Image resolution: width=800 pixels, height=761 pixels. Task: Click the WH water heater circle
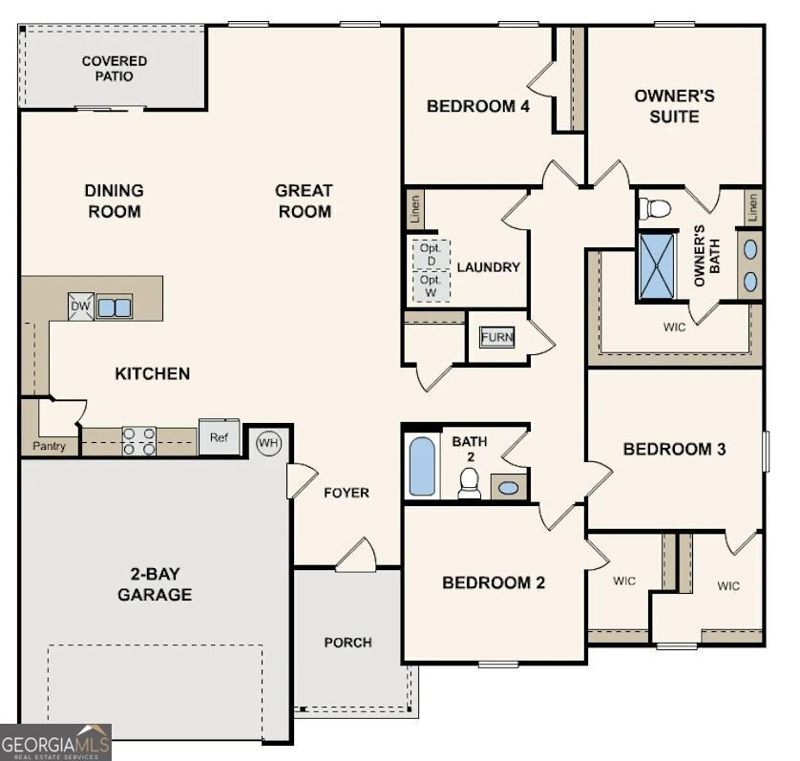269,444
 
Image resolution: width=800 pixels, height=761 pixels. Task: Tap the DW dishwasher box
81,307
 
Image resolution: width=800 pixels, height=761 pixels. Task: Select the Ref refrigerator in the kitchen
219,436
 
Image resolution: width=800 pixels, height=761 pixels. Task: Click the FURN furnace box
496,337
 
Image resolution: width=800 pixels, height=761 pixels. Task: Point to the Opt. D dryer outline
431,254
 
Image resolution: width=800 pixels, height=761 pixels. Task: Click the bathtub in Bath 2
422,467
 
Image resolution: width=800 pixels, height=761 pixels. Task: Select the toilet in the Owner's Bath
656,207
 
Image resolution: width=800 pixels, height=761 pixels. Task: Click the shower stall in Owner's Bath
657,261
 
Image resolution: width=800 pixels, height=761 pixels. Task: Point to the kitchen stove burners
139,440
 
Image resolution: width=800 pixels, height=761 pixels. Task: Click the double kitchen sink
115,307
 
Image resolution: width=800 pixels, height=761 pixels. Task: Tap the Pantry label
50,446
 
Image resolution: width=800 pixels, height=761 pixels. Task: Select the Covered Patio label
115,69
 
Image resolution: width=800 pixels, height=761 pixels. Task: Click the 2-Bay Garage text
155,584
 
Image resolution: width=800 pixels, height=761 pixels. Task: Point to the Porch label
347,643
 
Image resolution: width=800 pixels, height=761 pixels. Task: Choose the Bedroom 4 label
477,106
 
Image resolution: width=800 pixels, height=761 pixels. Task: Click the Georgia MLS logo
56,742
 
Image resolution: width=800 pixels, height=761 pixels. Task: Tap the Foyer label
346,493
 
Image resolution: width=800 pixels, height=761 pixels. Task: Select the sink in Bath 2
510,487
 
